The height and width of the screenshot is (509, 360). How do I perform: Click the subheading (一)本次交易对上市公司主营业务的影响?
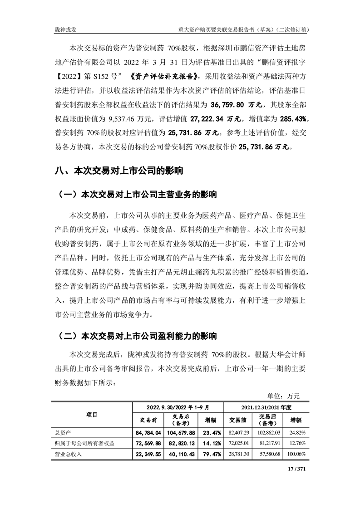tap(135, 195)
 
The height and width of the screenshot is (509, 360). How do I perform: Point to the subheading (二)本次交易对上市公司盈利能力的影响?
tap(135, 337)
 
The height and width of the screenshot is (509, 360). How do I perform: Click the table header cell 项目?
tap(92, 415)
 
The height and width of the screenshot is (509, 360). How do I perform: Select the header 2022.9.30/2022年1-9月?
tap(177, 407)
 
